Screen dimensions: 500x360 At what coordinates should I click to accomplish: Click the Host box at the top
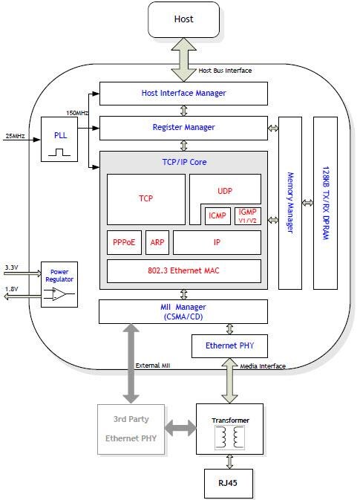pyautogui.click(x=183, y=19)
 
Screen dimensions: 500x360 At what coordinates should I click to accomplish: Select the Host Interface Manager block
pyautogui.click(x=183, y=94)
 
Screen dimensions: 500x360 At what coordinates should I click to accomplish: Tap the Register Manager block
pyautogui.click(x=183, y=128)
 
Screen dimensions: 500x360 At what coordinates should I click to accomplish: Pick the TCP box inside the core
pyautogui.click(x=145, y=199)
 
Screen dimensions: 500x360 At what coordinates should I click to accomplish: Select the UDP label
pyautogui.click(x=225, y=191)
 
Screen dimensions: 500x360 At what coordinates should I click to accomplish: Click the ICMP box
pyautogui.click(x=217, y=216)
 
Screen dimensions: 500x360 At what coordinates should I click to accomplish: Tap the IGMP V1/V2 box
pyautogui.click(x=247, y=216)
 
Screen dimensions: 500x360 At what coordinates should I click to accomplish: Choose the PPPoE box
pyautogui.click(x=124, y=242)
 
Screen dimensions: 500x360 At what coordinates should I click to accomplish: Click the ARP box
pyautogui.click(x=157, y=242)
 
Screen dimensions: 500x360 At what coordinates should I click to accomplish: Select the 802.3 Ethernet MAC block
pyautogui.click(x=183, y=271)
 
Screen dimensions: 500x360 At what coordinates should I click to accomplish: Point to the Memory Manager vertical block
pyautogui.click(x=290, y=202)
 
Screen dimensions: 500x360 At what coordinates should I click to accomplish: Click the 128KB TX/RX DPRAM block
pyautogui.click(x=325, y=202)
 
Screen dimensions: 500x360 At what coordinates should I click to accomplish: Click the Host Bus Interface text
pyautogui.click(x=225, y=71)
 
